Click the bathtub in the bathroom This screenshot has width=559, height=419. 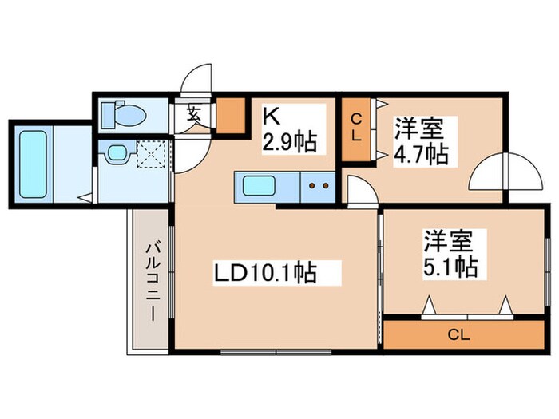pyautogui.click(x=34, y=164)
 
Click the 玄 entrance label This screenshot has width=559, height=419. pyautogui.click(x=195, y=113)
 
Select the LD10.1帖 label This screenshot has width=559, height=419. pyautogui.click(x=264, y=273)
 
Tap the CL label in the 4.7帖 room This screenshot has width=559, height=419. pyautogui.click(x=357, y=128)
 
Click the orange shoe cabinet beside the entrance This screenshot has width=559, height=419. pyautogui.click(x=232, y=115)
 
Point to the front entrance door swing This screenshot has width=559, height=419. pyautogui.click(x=194, y=81)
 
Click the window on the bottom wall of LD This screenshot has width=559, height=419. pyautogui.click(x=264, y=351)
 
